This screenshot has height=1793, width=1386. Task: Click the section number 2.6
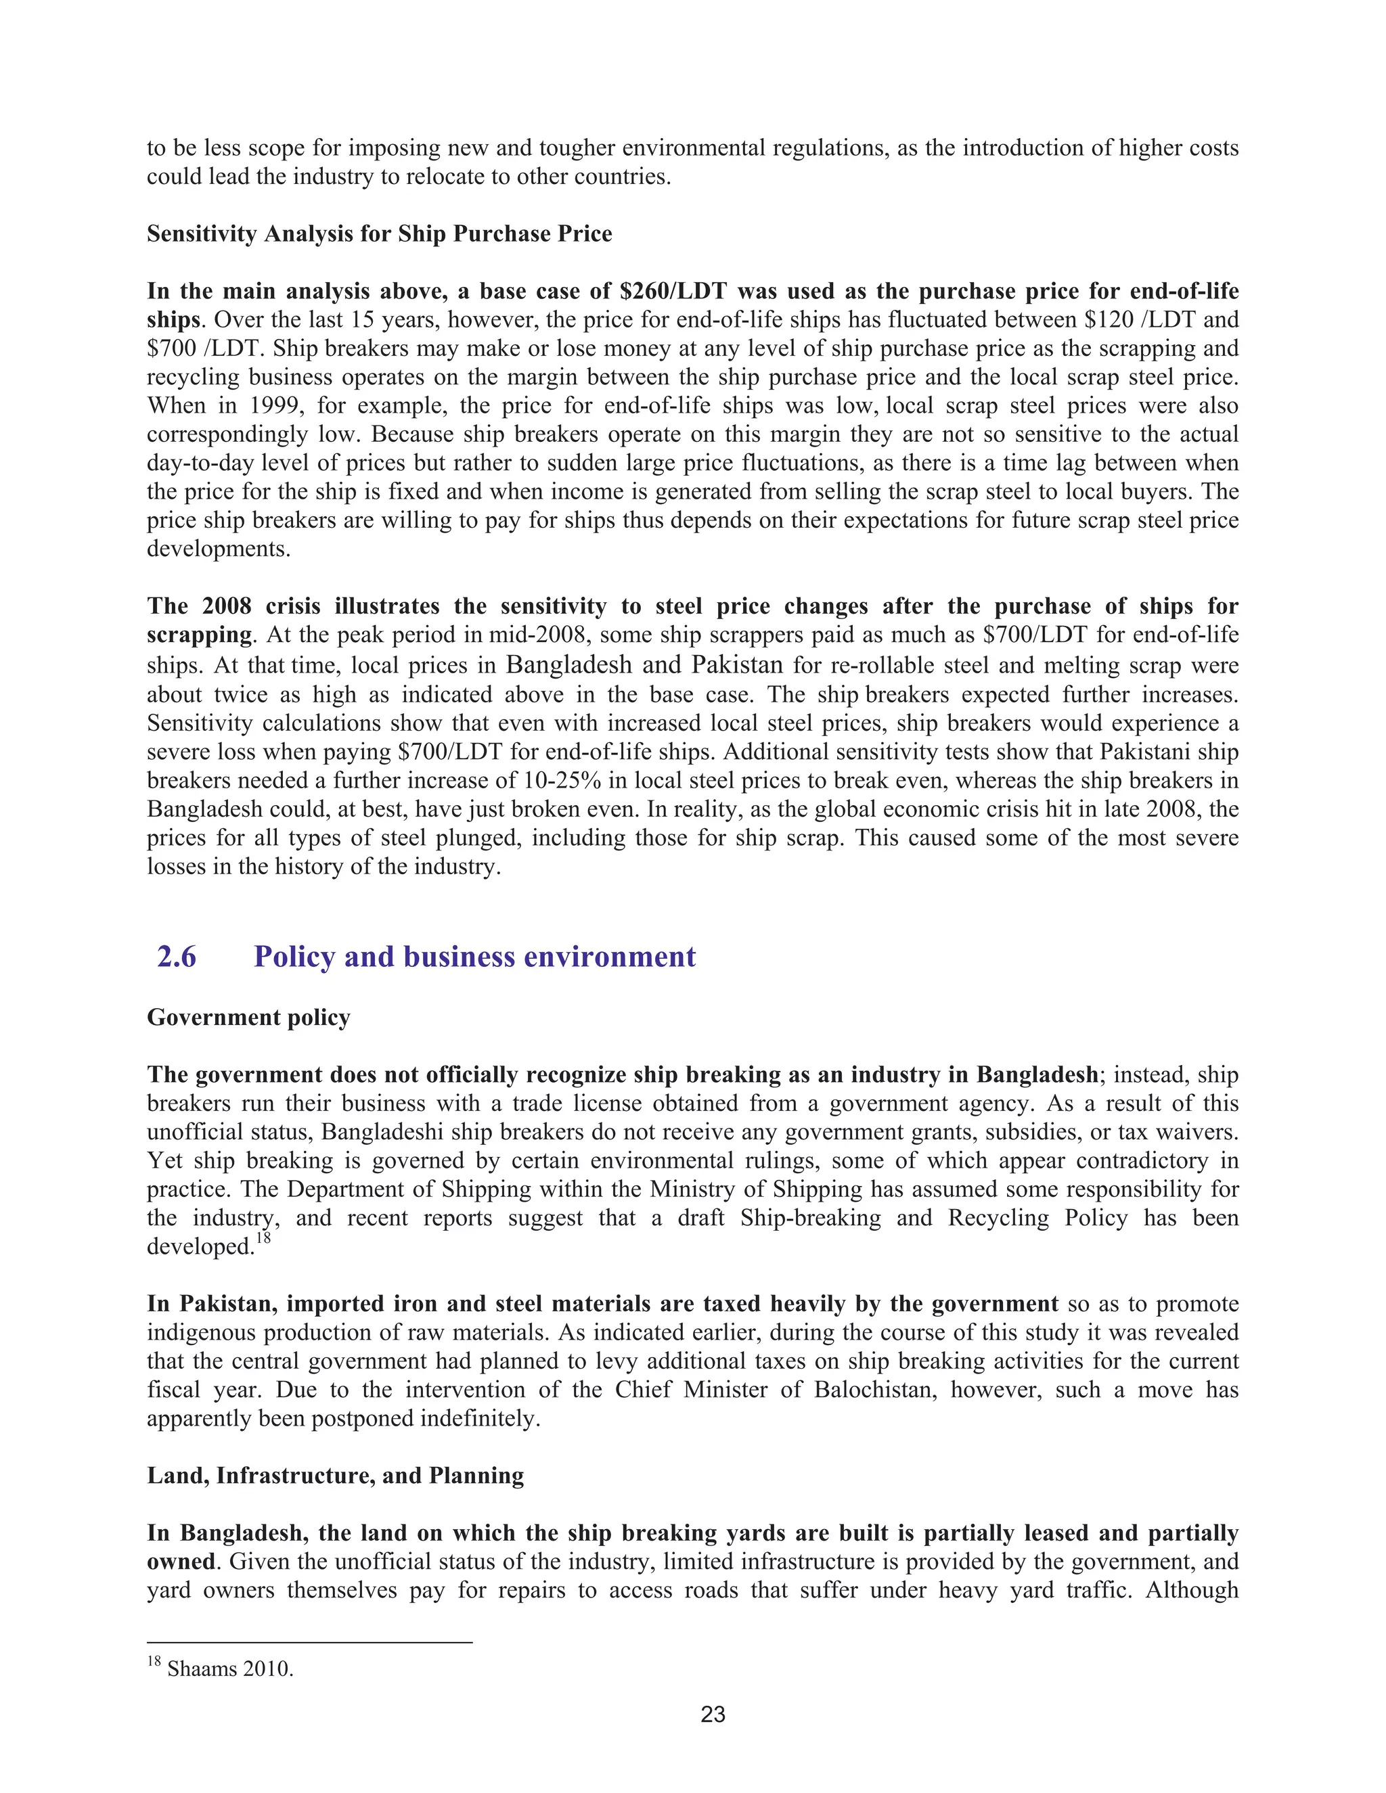pos(177,957)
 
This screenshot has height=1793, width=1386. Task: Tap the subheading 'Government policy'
pos(249,1018)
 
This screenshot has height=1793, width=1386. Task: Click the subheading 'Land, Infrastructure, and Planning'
pos(335,1475)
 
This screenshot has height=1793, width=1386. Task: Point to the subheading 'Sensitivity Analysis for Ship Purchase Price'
pos(380,234)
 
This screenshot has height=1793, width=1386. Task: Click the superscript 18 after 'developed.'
pos(263,1239)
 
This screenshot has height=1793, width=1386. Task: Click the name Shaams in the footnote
pos(195,1669)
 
